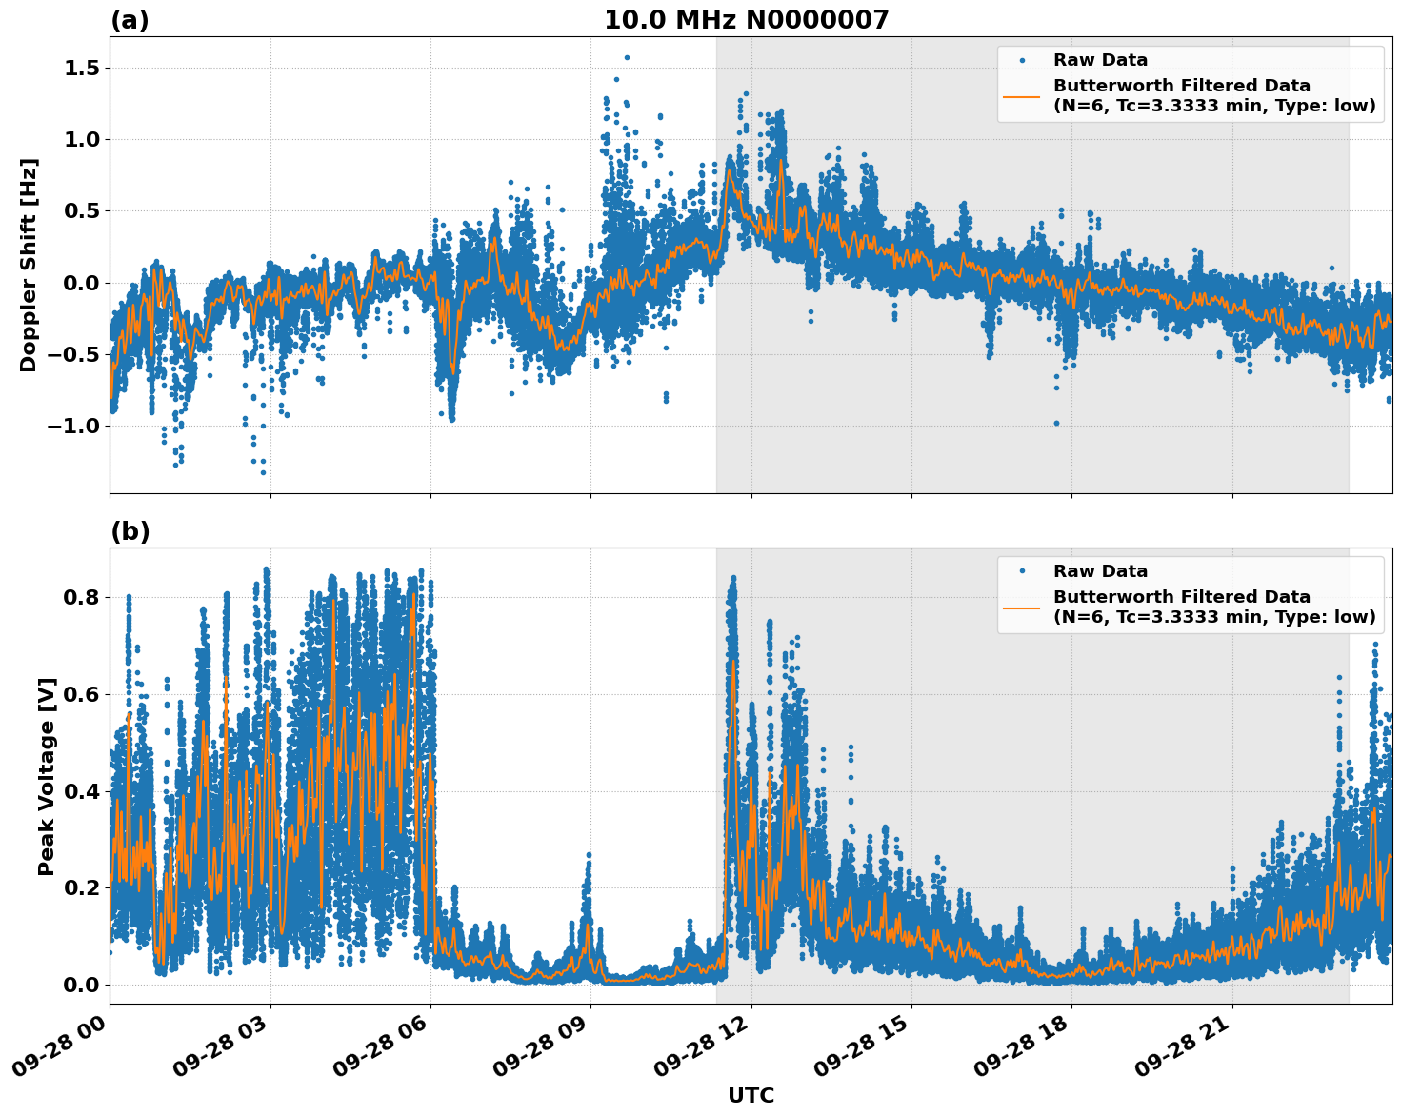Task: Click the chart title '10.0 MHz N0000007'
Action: tap(746, 20)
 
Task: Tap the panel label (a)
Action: tap(130, 20)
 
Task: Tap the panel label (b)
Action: tap(130, 531)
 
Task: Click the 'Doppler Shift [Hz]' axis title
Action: tap(29, 265)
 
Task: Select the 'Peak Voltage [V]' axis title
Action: tap(47, 776)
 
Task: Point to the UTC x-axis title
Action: tap(751, 1095)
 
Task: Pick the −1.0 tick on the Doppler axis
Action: tap(73, 426)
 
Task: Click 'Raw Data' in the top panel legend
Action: tap(1100, 60)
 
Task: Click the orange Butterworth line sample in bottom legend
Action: tap(1021, 608)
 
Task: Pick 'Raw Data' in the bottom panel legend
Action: tap(1100, 571)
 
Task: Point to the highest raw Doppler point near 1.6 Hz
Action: tap(626, 57)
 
